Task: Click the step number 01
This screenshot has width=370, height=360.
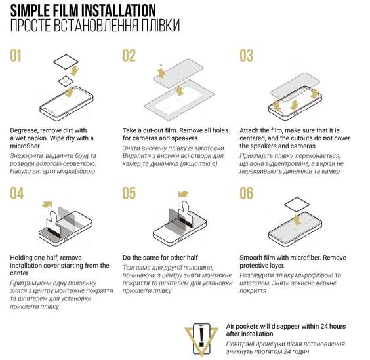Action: [16, 56]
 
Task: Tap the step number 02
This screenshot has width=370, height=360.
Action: [129, 56]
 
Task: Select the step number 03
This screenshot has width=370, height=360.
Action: [246, 56]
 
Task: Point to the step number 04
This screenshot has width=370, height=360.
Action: [17, 193]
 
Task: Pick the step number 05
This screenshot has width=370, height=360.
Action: [129, 193]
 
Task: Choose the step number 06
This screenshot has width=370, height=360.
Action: [246, 193]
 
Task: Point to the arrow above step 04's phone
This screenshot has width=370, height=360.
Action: [47, 205]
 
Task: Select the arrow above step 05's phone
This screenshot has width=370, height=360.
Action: [183, 194]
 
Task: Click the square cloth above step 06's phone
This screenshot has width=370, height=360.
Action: [297, 204]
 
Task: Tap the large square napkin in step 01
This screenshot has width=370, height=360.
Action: [66, 62]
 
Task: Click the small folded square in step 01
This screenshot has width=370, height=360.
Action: [66, 81]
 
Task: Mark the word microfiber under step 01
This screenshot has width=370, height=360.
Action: [25, 146]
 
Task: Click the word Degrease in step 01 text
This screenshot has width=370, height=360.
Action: [24, 130]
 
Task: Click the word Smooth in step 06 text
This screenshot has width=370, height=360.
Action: [251, 258]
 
